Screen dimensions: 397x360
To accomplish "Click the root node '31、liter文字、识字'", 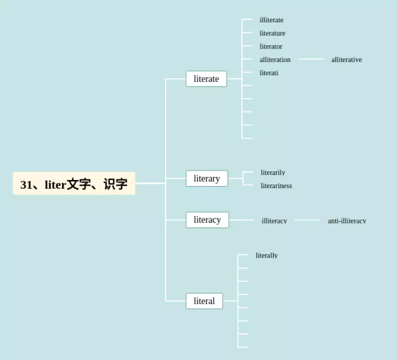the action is tap(74, 184).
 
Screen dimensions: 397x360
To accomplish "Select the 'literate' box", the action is tap(206, 79).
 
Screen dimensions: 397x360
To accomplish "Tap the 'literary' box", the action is tap(207, 179).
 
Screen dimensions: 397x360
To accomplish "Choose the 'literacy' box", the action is tap(207, 220).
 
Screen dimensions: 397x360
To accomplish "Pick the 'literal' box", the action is tap(204, 301).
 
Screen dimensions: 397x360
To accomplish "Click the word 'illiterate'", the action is tap(271, 20).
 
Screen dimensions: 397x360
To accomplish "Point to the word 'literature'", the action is tap(272, 34).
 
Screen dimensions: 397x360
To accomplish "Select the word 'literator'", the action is tap(270, 47).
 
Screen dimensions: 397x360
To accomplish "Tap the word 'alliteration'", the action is tap(275, 60).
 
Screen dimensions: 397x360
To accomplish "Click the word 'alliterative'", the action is tap(346, 60).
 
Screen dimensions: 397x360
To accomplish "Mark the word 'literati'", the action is tap(269, 73).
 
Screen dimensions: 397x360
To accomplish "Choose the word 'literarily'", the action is tap(273, 173).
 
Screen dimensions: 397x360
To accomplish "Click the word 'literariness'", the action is tap(276, 186).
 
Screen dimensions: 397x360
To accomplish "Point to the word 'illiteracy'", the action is tap(274, 220).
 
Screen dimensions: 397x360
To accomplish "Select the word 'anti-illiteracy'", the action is tap(347, 220).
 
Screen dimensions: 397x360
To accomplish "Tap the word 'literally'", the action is tap(267, 255).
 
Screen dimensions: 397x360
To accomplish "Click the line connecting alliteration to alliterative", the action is tap(311, 59).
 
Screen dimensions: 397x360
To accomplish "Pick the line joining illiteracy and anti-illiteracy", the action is tap(307, 220).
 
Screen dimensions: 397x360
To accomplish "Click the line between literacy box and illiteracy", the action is tap(241, 220).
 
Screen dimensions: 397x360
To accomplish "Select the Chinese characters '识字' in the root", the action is tap(115, 184).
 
